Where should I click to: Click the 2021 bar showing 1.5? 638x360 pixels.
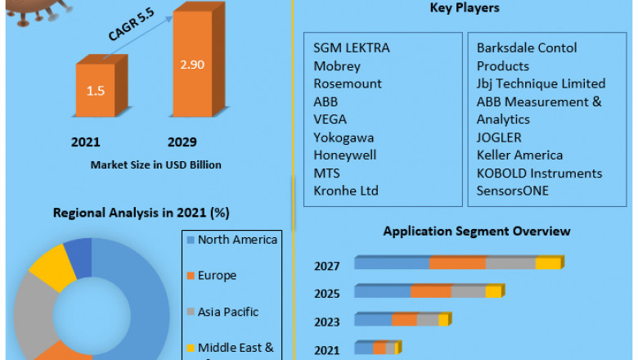point(96,90)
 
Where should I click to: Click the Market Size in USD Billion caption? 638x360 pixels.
point(155,164)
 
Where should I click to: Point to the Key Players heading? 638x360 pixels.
point(465,8)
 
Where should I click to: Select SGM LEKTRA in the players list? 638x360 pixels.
point(352,47)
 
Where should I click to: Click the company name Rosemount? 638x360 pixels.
point(348,83)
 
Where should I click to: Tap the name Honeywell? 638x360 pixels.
point(345,155)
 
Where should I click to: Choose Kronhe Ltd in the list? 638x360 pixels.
point(346,191)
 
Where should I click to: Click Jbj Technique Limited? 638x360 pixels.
point(541,83)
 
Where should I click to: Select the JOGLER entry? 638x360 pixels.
point(499,137)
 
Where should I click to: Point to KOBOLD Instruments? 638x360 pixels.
point(539,173)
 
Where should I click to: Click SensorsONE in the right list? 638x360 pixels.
point(513,191)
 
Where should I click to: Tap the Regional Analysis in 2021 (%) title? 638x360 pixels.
point(141,213)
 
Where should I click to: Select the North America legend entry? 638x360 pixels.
point(237,240)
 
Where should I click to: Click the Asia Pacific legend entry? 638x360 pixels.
point(227,312)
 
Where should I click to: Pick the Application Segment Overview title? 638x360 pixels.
point(477,232)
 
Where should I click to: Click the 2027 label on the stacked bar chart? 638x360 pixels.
point(326,265)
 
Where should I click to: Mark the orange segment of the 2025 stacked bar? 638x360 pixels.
point(431,291)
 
